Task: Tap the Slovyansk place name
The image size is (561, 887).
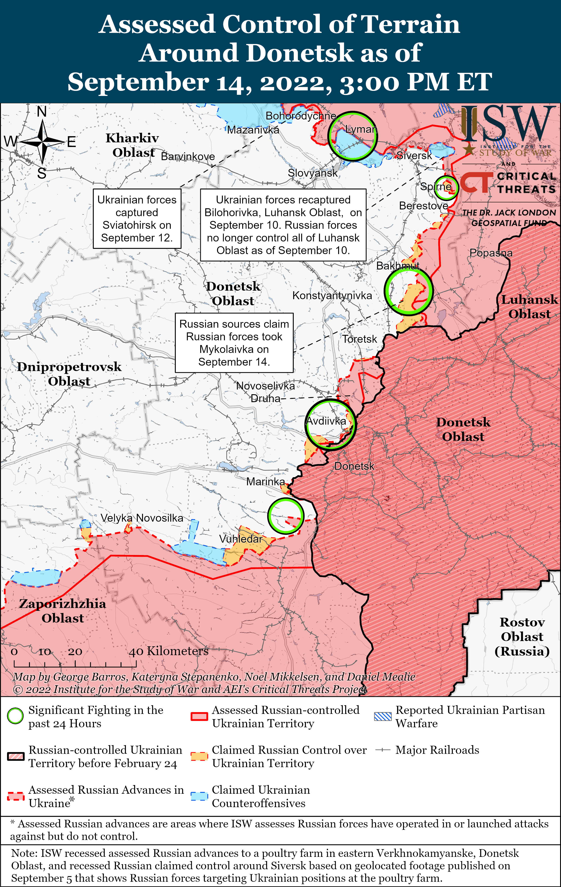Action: (312, 173)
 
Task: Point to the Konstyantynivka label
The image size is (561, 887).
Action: (332, 295)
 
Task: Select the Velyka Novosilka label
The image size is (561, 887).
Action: (142, 518)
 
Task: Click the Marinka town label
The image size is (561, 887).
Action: (265, 481)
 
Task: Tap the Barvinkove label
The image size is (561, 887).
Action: (188, 157)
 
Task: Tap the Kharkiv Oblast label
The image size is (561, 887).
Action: (133, 145)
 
